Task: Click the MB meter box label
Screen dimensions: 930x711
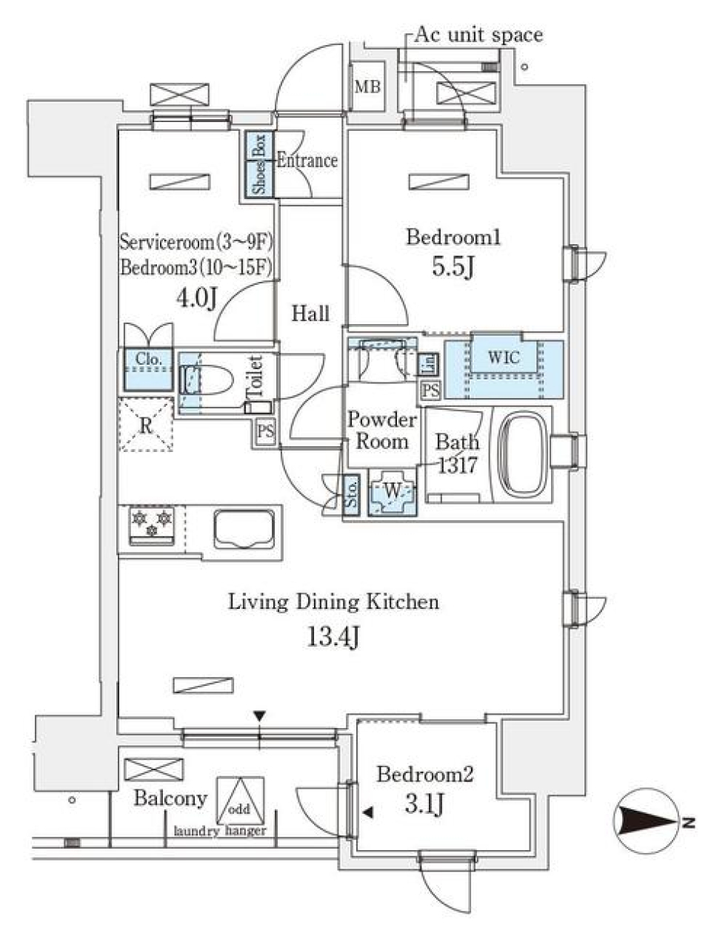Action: (367, 87)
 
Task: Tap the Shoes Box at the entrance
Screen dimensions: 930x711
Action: (259, 164)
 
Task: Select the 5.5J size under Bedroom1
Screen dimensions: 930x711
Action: (453, 266)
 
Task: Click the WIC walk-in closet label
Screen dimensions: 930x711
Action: (504, 358)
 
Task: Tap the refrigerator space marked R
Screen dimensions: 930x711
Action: (146, 425)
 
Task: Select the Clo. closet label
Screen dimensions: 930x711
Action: (149, 360)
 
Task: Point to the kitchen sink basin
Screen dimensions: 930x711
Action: (244, 529)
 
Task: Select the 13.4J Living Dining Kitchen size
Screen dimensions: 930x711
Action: (333, 636)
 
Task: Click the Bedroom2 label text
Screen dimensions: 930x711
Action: (424, 775)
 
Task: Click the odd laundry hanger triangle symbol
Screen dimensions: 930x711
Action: (239, 801)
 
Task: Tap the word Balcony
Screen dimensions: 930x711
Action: (170, 798)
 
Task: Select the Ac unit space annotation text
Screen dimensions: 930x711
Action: (478, 35)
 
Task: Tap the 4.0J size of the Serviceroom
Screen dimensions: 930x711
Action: (196, 297)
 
